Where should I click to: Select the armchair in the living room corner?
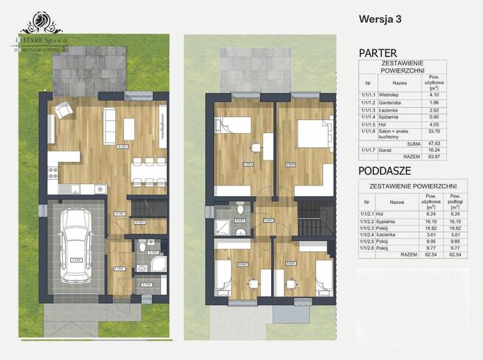pos(64,111)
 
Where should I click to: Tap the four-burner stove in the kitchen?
pos(54,174)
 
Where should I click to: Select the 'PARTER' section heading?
pos(378,53)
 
